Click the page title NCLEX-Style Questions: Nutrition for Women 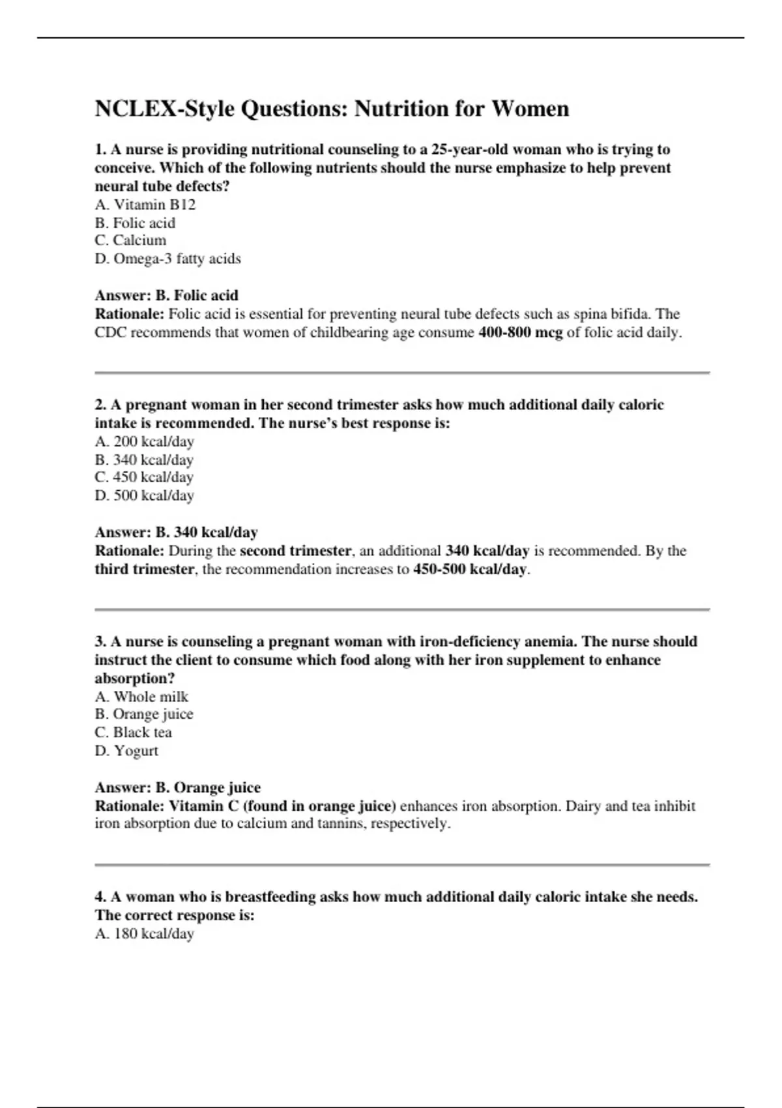[332, 109]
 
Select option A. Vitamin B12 [145, 205]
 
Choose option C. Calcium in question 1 [130, 241]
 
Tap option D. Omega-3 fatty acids [167, 259]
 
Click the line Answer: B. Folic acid [166, 295]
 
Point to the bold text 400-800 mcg [520, 332]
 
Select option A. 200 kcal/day [144, 441]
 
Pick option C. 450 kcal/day [144, 477]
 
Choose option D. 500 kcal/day [144, 495]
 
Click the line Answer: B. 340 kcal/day [176, 532]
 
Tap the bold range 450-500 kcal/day [469, 569]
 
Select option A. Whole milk [141, 697]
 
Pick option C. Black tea [133, 733]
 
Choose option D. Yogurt [126, 751]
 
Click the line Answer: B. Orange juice [177, 787]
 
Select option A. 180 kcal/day [144, 934]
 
